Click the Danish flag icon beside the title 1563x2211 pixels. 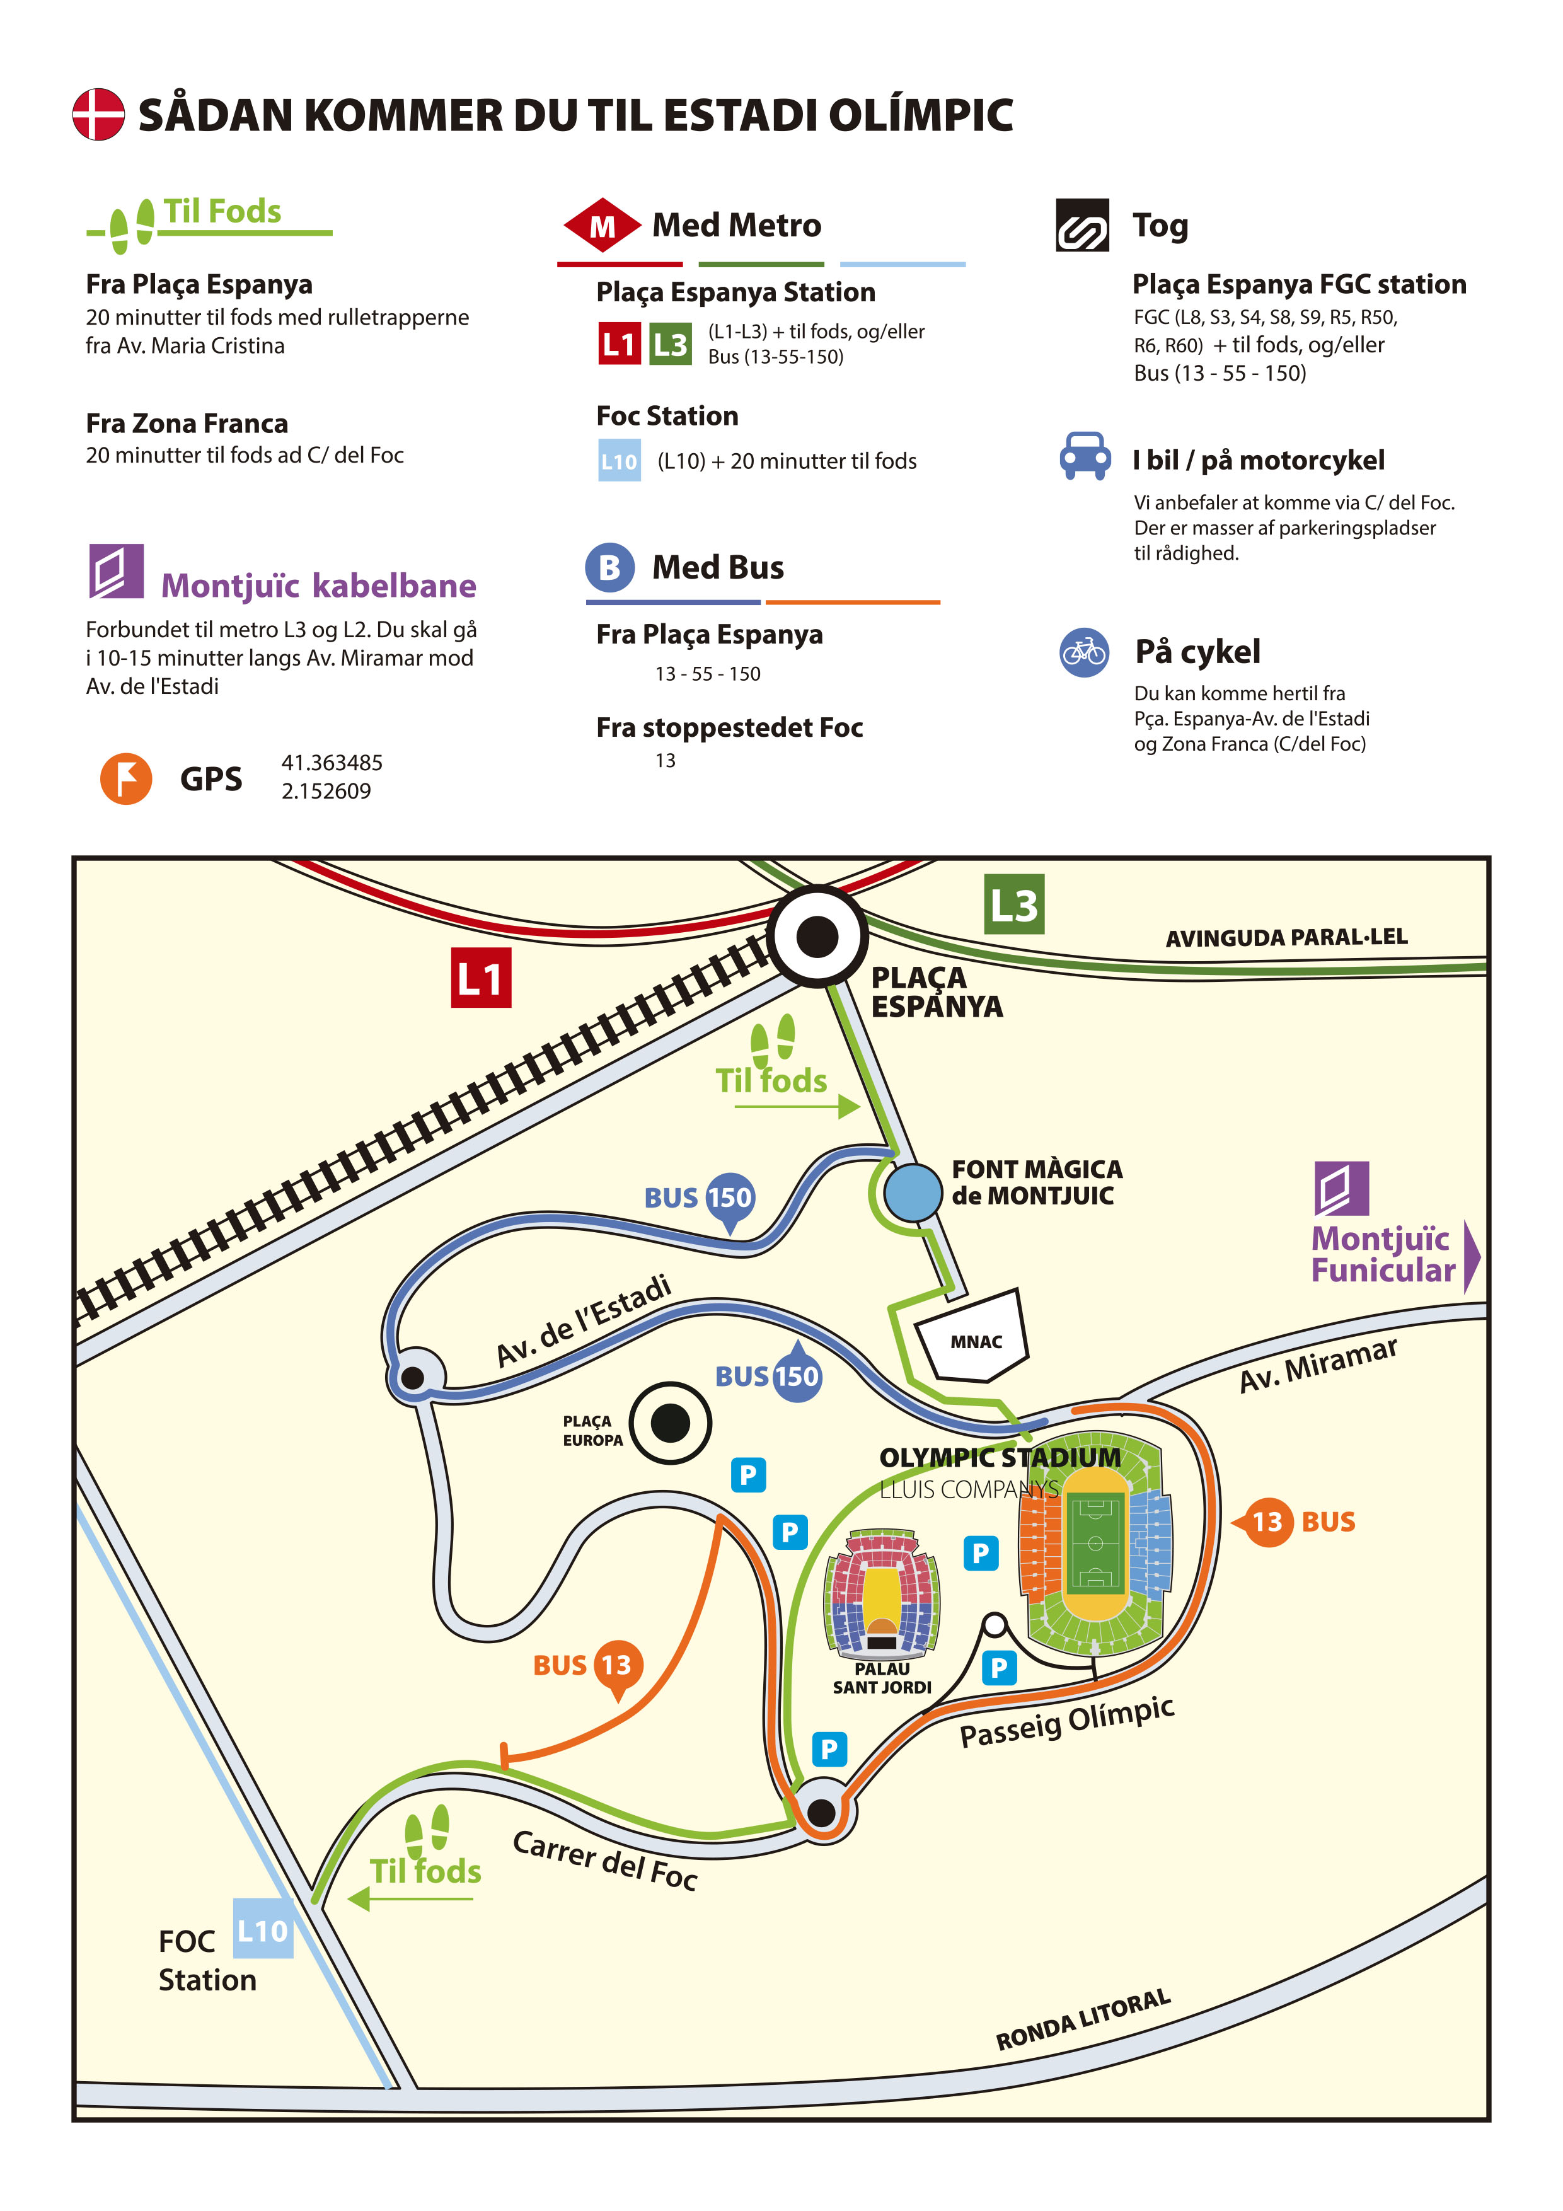click(98, 115)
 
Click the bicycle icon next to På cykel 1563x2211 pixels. click(1085, 653)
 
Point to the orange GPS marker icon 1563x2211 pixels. click(126, 778)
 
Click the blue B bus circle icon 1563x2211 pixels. click(609, 567)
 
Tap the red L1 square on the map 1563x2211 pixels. click(480, 978)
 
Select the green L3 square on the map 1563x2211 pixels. click(1014, 904)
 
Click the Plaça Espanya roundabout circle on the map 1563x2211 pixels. click(817, 936)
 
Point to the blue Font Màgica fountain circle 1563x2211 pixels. click(913, 1192)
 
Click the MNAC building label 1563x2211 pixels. click(976, 1341)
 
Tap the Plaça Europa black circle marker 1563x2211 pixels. click(671, 1423)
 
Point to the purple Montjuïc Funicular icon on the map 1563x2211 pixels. click(1342, 1189)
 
